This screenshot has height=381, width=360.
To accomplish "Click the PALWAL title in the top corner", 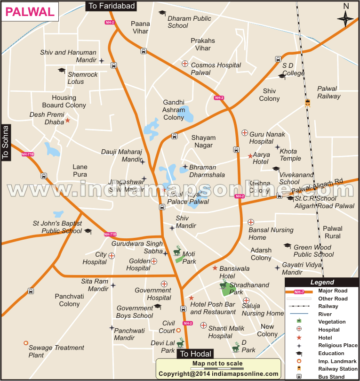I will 30,12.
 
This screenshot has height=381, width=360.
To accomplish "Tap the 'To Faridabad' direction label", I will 111,6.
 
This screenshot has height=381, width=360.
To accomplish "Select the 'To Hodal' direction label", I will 195,354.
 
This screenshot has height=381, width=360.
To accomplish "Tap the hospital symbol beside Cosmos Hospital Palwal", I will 185,64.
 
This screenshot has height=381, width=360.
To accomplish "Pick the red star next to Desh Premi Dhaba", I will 67,121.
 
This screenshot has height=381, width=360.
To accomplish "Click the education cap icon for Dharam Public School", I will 162,13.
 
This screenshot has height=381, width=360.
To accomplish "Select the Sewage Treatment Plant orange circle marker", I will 26,344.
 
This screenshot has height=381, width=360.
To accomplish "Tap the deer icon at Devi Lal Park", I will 180,343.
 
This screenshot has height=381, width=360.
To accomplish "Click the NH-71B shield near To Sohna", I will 28,154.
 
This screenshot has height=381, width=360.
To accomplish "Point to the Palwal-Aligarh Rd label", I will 317,186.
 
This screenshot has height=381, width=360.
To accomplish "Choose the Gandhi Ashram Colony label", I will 174,110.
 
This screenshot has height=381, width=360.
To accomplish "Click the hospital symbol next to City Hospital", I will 112,256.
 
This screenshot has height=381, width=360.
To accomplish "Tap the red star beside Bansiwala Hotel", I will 215,268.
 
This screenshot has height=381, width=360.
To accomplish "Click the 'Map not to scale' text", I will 217,364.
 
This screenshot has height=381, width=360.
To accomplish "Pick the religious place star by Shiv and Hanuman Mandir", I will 102,60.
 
